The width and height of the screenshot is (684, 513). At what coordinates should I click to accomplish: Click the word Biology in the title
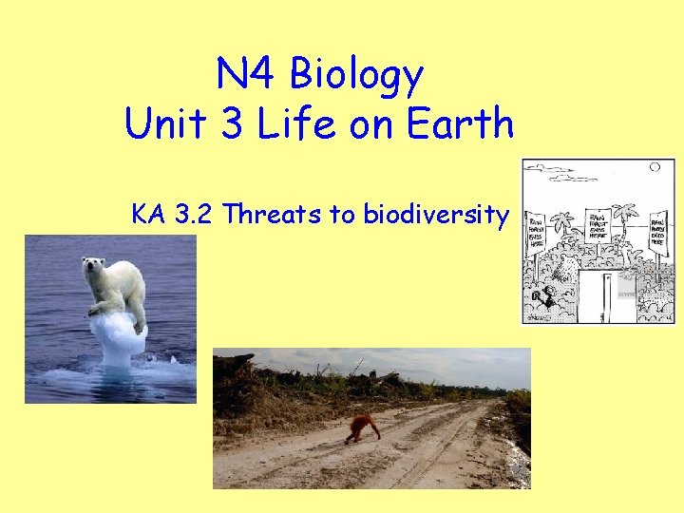tap(356, 75)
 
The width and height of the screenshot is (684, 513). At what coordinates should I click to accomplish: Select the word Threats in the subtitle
tap(272, 215)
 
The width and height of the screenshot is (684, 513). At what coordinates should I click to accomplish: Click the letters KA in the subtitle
tap(149, 215)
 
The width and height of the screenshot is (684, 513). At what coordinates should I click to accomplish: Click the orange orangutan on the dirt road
tap(362, 428)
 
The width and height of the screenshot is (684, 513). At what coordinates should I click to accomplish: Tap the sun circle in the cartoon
tap(655, 167)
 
